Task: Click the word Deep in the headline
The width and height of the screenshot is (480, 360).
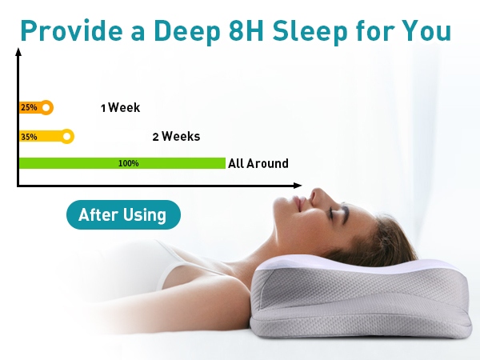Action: (x=186, y=31)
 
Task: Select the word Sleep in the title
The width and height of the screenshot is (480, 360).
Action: (x=310, y=31)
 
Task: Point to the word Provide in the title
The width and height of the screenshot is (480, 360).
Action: (x=72, y=30)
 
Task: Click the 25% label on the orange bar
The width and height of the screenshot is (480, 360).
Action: (x=29, y=107)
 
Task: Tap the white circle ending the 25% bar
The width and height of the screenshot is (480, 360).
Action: (x=46, y=107)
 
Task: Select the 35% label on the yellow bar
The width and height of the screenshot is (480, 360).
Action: (x=29, y=137)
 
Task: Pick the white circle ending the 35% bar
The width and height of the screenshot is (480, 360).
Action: (x=66, y=136)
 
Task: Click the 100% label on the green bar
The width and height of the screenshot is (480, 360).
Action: (x=129, y=163)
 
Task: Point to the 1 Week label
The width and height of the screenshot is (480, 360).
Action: (x=120, y=108)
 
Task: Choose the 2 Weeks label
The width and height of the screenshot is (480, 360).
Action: (x=176, y=137)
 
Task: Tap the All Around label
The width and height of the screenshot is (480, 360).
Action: (x=258, y=163)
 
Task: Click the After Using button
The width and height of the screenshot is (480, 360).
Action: (x=123, y=214)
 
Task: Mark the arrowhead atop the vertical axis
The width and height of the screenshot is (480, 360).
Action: (x=18, y=52)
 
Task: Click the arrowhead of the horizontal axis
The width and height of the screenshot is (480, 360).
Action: (x=298, y=186)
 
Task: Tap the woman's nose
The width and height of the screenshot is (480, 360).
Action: (x=318, y=196)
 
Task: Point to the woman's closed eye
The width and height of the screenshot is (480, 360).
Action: (x=331, y=213)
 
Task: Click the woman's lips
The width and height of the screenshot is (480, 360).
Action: (x=298, y=202)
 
